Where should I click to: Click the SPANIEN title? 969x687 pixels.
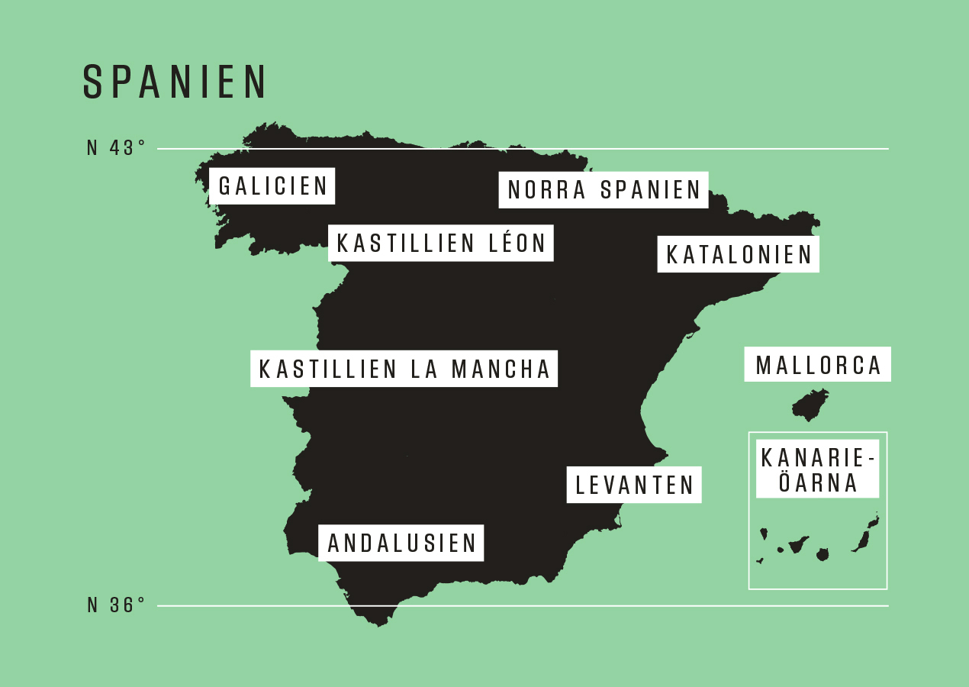tap(175, 82)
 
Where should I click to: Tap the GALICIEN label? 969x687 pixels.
tap(272, 186)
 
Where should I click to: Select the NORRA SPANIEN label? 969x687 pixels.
tap(604, 190)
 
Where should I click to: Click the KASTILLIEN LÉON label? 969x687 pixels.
tap(441, 244)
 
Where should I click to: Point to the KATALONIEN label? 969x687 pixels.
tap(739, 255)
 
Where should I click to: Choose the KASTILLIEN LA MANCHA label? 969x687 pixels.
tap(404, 369)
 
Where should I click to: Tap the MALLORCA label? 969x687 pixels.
tap(818, 366)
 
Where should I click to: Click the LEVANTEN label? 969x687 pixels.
tap(634, 485)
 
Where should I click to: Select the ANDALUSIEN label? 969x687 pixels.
tap(401, 543)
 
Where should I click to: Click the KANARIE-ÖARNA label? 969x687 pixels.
tap(817, 470)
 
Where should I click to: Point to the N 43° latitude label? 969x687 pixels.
tap(116, 148)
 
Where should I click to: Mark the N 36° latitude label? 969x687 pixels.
tap(116, 605)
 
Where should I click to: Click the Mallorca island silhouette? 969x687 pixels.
tap(810, 405)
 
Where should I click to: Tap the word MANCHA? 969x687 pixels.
tap(501, 369)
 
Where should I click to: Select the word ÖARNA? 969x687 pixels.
tap(818, 483)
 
